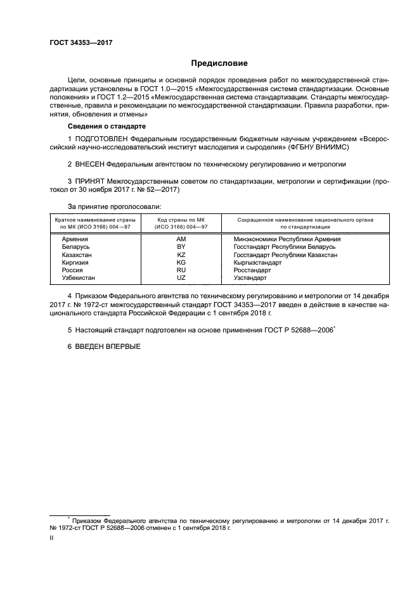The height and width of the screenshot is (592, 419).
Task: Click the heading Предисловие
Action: tap(219, 63)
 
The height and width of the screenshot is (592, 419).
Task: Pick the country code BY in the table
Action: tap(181, 247)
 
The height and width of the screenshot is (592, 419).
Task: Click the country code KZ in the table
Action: tap(181, 255)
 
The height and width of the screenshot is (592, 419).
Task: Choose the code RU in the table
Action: tap(181, 270)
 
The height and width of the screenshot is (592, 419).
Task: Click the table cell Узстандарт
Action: tap(250, 277)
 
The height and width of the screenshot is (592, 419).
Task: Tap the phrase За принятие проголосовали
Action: tap(115, 207)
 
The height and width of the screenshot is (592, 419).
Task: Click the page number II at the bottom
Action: tap(52, 538)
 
